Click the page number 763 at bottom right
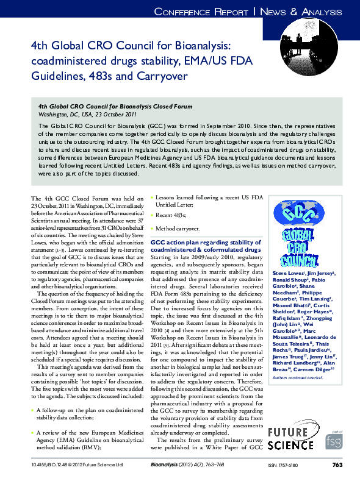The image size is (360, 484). pyautogui.click(x=337, y=465)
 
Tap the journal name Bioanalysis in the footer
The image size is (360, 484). pyautogui.click(x=165, y=465)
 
